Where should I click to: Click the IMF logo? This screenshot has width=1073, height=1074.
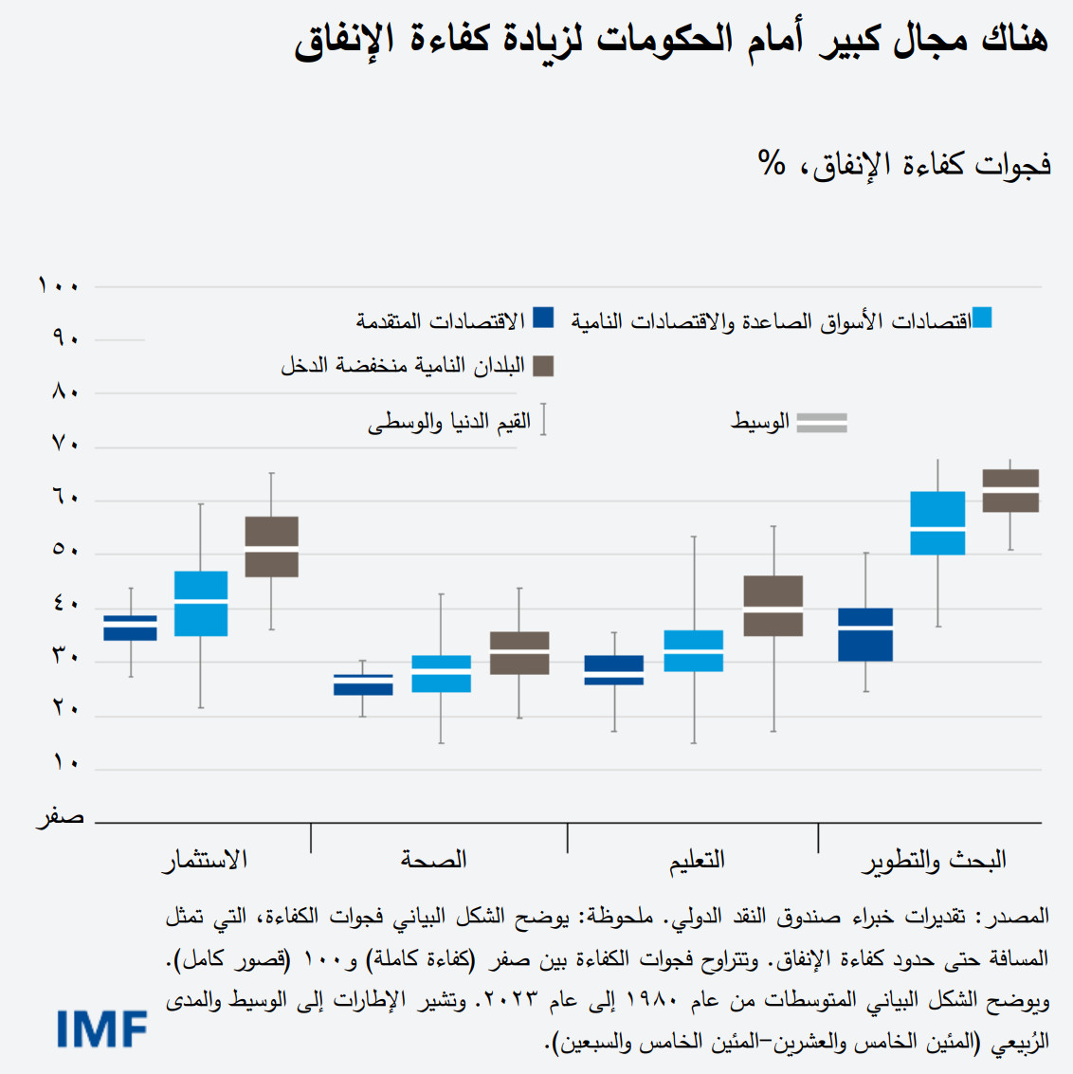[102, 1028]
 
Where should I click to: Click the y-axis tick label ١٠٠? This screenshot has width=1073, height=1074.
[59, 285]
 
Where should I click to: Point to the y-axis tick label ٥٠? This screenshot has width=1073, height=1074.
[64, 550]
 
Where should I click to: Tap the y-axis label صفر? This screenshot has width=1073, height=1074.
[61, 816]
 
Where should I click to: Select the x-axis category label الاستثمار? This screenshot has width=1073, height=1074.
[205, 859]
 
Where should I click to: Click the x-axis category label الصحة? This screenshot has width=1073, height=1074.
[433, 859]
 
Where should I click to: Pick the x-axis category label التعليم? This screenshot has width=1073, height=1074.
[697, 859]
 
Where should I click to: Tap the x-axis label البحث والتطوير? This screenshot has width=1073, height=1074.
[934, 860]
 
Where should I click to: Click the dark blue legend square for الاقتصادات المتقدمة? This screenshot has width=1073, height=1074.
[543, 318]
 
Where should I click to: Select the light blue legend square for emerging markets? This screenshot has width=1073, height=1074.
[982, 318]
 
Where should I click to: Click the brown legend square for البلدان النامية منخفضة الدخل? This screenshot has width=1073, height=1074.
[543, 366]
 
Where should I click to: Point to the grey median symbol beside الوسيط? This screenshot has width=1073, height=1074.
[821, 423]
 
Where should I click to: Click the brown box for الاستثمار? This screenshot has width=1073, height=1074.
[272, 547]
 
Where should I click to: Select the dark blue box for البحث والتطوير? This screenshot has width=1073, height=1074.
[865, 634]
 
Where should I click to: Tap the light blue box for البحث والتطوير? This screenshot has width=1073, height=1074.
[937, 523]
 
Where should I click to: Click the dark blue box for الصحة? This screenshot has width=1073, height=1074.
[363, 684]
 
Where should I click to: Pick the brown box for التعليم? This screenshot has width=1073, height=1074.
[773, 606]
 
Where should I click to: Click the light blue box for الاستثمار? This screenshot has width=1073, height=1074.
[201, 603]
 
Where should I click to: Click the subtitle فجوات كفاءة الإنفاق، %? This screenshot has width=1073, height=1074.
[904, 164]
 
